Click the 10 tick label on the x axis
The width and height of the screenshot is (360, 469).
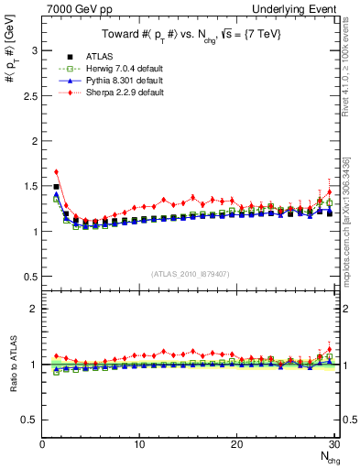[139, 444]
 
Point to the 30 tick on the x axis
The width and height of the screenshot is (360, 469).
[333, 444]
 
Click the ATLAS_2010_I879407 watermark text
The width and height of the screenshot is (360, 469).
[190, 274]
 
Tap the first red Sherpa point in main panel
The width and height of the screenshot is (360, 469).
[56, 171]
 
